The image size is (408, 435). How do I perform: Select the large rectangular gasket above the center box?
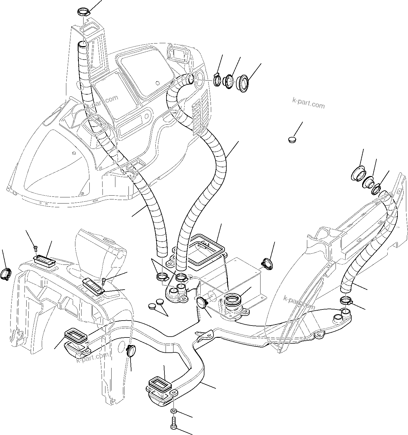pos(206,249)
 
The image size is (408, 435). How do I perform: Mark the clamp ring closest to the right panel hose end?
pos(377,190)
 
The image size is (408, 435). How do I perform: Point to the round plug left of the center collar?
pos(202,302)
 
